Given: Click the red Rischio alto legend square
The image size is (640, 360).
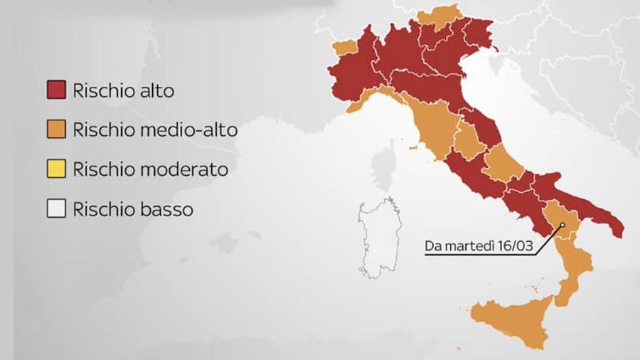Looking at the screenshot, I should pyautogui.click(x=56, y=90).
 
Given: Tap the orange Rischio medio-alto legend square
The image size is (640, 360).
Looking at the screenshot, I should pyautogui.click(x=56, y=130).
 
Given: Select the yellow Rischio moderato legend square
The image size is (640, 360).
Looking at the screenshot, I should pyautogui.click(x=56, y=170).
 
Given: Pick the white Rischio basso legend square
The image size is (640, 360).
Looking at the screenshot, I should pyautogui.click(x=56, y=210).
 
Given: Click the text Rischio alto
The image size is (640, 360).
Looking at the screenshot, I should pyautogui.click(x=123, y=91).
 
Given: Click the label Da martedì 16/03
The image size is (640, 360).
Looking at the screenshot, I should pyautogui.click(x=475, y=248).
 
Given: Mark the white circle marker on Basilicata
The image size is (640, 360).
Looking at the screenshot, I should pyautogui.click(x=562, y=226).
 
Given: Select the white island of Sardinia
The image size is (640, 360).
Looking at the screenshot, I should pyautogui.click(x=377, y=238).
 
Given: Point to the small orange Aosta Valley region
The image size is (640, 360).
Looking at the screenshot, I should pyautogui.click(x=345, y=47).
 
